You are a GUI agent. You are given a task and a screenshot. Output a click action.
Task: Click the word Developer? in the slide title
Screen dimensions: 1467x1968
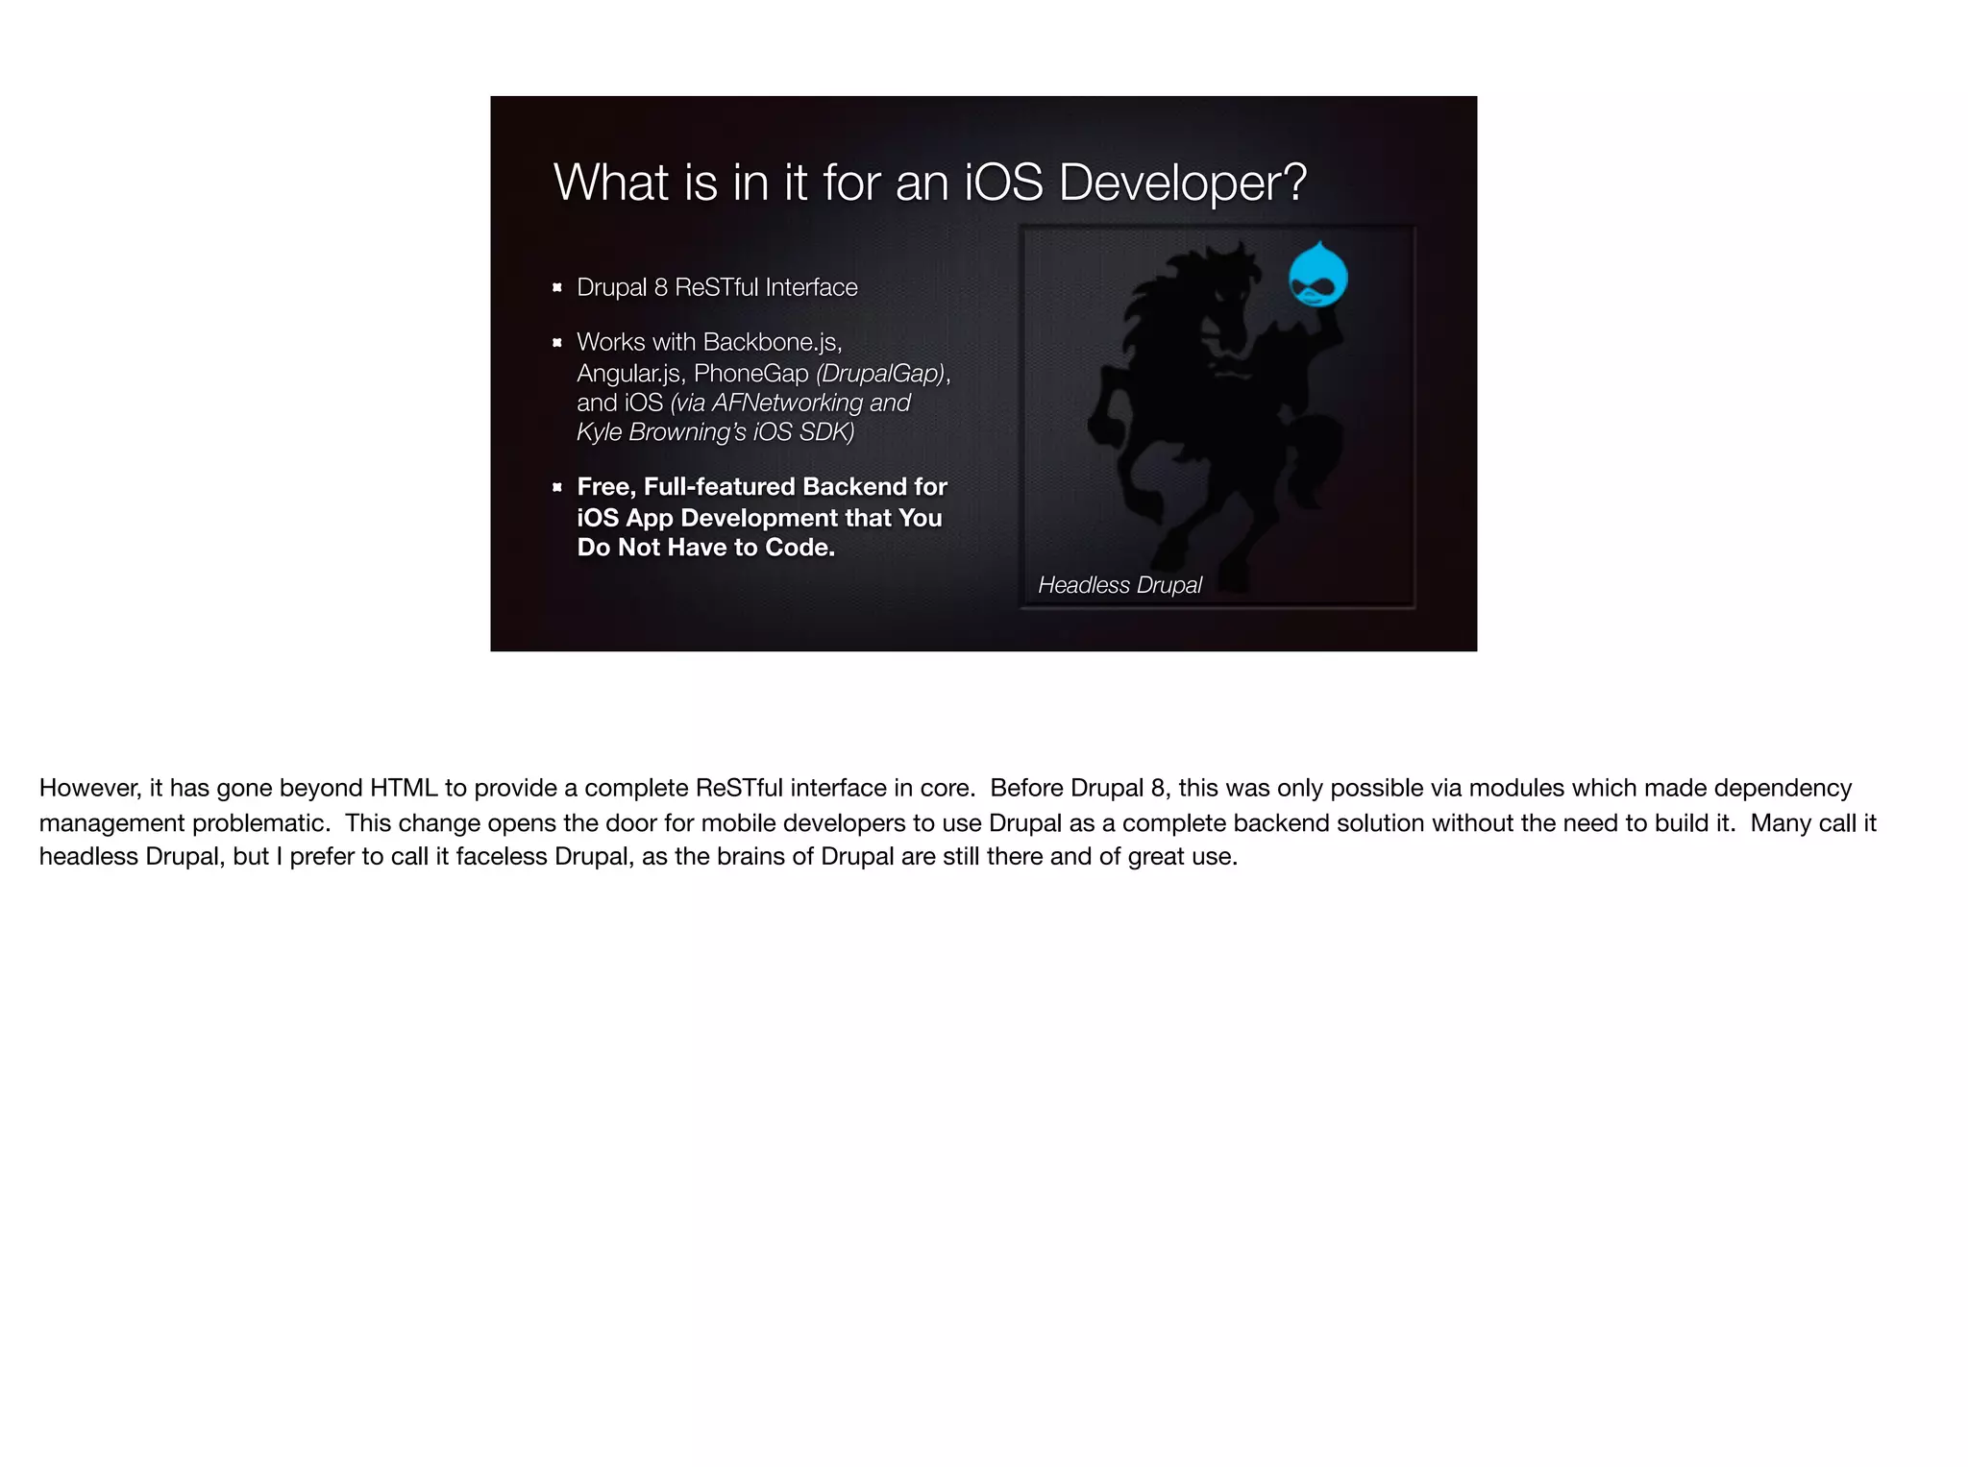1182,183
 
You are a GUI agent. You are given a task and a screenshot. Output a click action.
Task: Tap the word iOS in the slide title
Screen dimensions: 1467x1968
1003,183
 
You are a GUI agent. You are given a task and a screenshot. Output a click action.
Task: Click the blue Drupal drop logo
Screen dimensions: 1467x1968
1317,276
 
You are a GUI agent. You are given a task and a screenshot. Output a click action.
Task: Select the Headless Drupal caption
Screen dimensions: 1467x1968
1119,585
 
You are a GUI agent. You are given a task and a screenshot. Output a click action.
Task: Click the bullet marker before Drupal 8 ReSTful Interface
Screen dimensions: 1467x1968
556,287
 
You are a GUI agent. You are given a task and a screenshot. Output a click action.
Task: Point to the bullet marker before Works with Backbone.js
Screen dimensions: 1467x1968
556,343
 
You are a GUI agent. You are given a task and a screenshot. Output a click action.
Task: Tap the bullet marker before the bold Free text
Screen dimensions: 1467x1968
556,488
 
